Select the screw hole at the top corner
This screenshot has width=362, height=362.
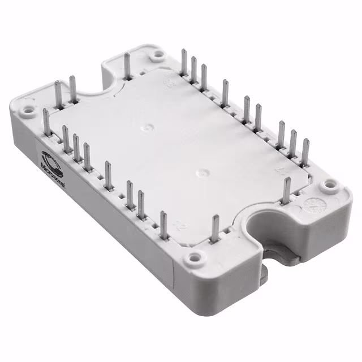click(x=157, y=54)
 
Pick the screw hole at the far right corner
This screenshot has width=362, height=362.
click(x=327, y=185)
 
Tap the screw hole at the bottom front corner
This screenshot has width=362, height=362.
click(x=194, y=258)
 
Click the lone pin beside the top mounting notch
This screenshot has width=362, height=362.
click(x=127, y=66)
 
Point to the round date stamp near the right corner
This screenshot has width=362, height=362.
click(x=310, y=202)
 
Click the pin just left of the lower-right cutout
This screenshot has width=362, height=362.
click(x=214, y=230)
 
